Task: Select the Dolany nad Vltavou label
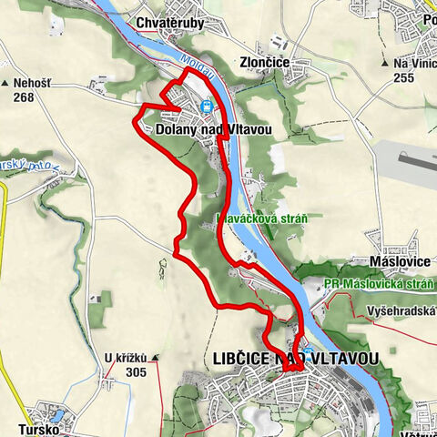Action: click(x=214, y=130)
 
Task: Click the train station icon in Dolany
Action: click(x=207, y=106)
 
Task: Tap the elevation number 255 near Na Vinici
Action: click(x=404, y=79)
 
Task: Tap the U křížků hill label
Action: click(x=125, y=357)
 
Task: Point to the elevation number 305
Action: click(x=137, y=371)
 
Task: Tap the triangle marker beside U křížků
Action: click(x=157, y=357)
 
